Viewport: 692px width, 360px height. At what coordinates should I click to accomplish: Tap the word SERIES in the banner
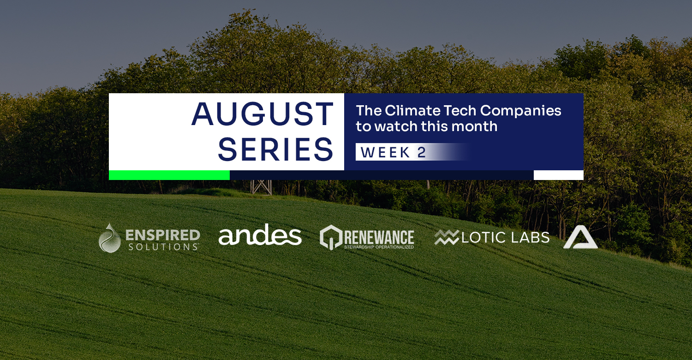click(x=275, y=150)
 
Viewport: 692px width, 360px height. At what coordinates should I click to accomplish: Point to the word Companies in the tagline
click(x=520, y=111)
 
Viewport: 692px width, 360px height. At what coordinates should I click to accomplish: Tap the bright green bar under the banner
click(x=169, y=175)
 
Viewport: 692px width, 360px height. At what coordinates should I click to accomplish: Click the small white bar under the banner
click(x=559, y=175)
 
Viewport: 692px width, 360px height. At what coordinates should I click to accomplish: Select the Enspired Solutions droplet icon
click(x=109, y=238)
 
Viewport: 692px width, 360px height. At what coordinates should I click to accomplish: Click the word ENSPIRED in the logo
click(x=163, y=235)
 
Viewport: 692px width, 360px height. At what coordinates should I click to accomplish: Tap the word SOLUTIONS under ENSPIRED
click(x=163, y=247)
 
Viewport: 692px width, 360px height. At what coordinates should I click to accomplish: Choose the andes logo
click(x=260, y=235)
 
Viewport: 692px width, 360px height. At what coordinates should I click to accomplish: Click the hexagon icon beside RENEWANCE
click(x=331, y=237)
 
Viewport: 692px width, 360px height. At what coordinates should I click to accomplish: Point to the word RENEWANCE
click(x=379, y=237)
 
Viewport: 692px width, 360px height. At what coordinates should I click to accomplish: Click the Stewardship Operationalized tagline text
click(x=379, y=247)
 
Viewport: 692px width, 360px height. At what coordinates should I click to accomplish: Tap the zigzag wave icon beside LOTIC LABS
click(x=447, y=238)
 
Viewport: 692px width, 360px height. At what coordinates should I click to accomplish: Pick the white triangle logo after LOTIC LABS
click(x=580, y=237)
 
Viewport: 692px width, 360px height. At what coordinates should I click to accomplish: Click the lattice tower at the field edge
click(x=261, y=187)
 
